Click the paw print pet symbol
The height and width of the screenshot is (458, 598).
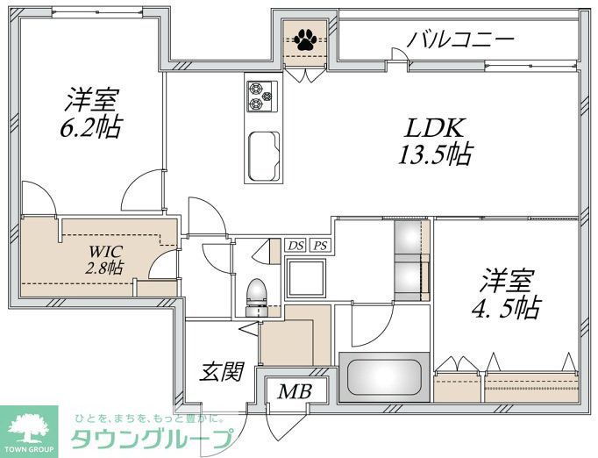[306, 39]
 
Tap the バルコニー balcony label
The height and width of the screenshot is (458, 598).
[459, 39]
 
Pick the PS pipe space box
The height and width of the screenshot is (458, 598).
[321, 246]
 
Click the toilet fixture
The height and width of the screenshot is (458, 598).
[257, 294]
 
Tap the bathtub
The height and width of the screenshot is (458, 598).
[384, 377]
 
